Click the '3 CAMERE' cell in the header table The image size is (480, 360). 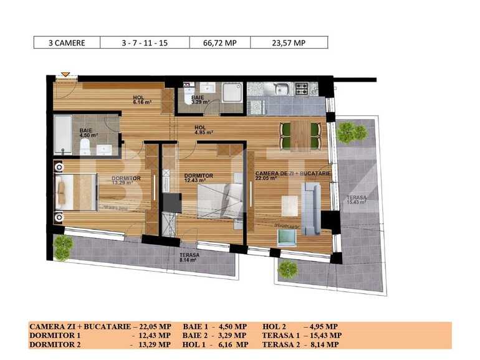[67, 43]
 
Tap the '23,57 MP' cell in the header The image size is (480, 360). [289, 43]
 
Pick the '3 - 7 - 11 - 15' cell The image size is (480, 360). [145, 43]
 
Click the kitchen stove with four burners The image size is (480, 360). [305, 89]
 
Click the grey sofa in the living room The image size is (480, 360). [311, 210]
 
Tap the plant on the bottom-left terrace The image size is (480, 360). [62, 247]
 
